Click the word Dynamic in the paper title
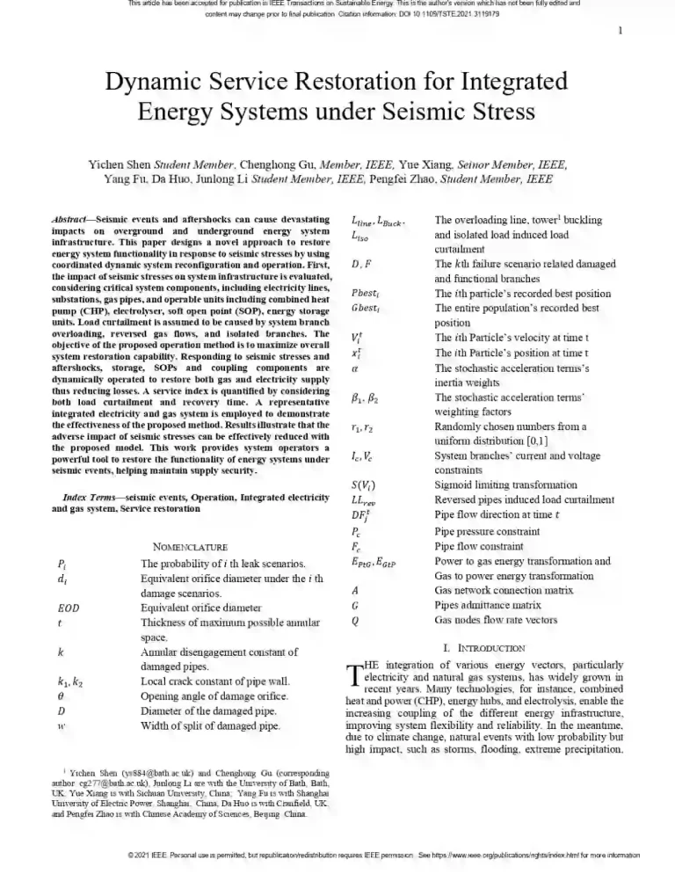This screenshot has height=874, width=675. click(155, 83)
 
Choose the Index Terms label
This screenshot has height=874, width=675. click(83, 499)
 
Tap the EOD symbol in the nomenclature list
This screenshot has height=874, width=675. click(67, 608)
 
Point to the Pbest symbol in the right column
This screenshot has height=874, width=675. click(365, 295)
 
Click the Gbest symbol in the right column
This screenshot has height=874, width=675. click(366, 310)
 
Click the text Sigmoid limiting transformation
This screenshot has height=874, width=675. click(494, 484)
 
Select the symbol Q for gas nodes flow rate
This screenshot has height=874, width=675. click(354, 619)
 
